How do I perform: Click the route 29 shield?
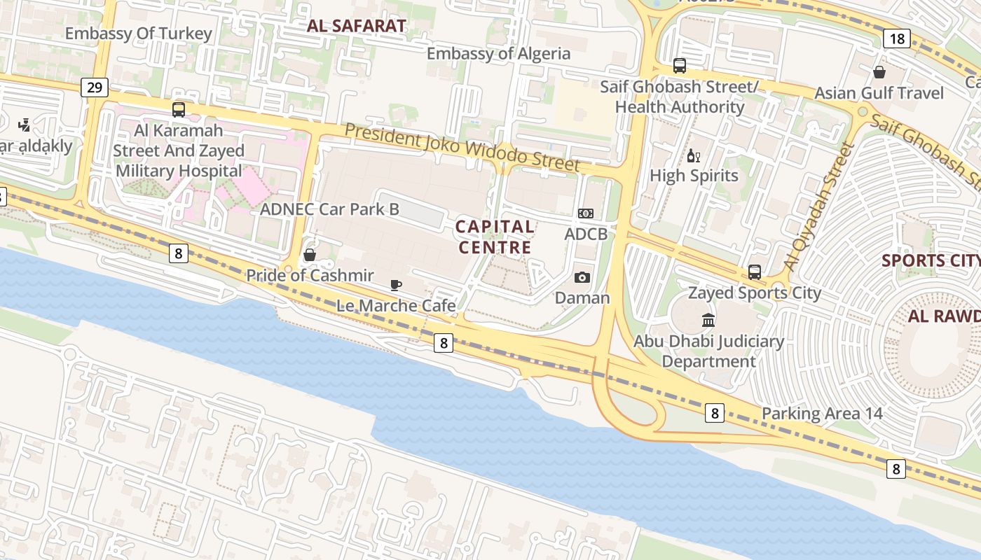pos(94,87)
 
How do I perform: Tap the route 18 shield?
pos(897,38)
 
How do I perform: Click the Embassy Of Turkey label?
pos(138,34)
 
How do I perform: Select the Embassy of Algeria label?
pos(498,53)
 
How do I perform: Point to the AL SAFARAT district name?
pos(356,27)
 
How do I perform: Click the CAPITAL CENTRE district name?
pos(495,237)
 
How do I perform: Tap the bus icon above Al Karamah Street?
pos(179,109)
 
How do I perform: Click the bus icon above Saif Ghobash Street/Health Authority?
pos(679,66)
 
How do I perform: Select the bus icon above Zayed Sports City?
pos(754,272)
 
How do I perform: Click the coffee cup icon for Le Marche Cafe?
pos(396,285)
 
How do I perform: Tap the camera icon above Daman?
pos(582,278)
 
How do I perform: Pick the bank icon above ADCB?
pos(585,213)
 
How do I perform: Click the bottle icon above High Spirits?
pos(694,155)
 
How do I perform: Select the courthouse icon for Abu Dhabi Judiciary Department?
pos(708,321)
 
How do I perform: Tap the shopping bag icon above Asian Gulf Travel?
pos(879,72)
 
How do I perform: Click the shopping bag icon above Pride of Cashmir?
pos(309,255)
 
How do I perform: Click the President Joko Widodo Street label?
pos(462,147)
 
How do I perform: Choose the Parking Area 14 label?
pos(822,413)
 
